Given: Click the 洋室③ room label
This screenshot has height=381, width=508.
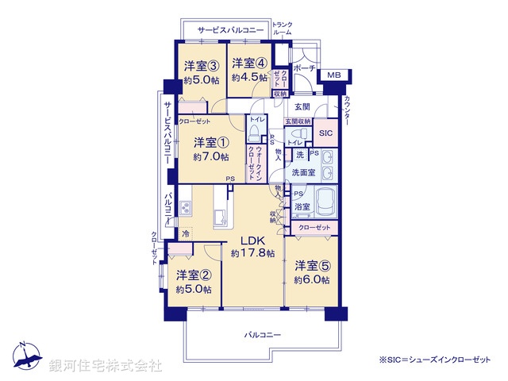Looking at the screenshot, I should pyautogui.click(x=202, y=65).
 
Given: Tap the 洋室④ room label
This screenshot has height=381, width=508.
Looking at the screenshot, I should pyautogui.click(x=248, y=63).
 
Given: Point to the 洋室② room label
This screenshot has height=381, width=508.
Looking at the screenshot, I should pyautogui.click(x=193, y=275).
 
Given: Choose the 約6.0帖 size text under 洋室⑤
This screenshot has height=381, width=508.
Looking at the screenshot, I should pyautogui.click(x=310, y=279).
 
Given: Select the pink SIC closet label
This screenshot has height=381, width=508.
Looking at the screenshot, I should pyautogui.click(x=325, y=133).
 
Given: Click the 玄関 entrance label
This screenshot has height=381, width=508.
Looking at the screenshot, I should pyautogui.click(x=302, y=106).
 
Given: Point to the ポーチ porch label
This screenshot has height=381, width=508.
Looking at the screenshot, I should pyautogui.click(x=304, y=69).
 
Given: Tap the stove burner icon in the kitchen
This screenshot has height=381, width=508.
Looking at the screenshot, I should pyautogui.click(x=186, y=209).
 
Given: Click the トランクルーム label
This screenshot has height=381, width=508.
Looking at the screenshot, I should pyautogui.click(x=283, y=29).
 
